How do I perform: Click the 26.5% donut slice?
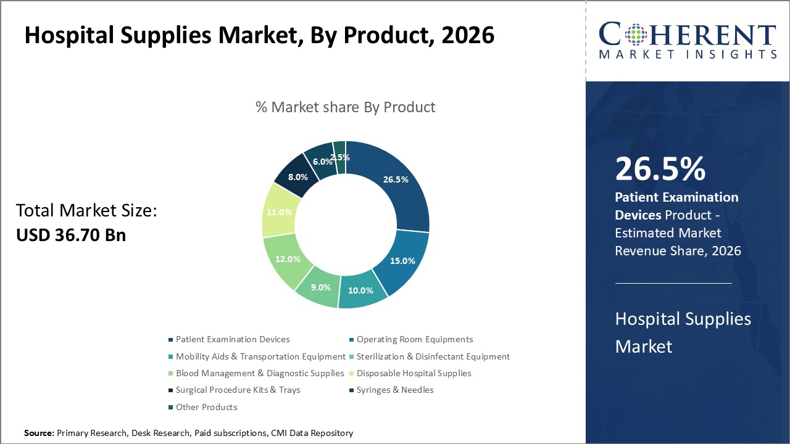(396, 180)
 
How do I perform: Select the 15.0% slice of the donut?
(402, 260)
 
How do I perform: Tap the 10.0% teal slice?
(361, 290)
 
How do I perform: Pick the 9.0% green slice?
(320, 287)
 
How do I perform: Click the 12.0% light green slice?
(288, 259)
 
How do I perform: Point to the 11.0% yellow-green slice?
(279, 212)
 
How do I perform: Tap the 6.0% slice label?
(323, 162)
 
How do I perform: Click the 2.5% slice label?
(341, 157)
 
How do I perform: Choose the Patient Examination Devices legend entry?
(232, 339)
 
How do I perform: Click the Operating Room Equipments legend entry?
(414, 339)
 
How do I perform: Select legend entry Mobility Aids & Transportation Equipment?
(260, 356)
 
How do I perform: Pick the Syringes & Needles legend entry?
(395, 390)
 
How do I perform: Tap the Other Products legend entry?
(206, 407)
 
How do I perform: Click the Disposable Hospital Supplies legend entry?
(414, 373)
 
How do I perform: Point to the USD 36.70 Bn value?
(71, 235)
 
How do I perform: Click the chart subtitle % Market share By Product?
(345, 107)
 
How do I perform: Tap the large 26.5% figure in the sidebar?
(660, 168)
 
